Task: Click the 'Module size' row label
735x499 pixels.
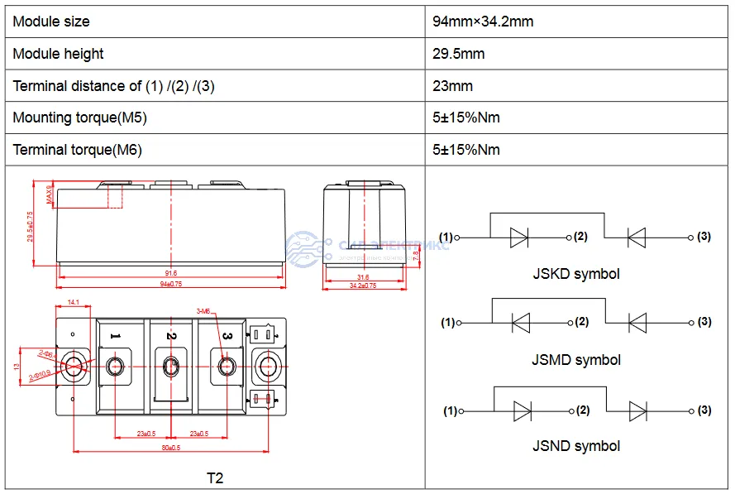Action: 51,22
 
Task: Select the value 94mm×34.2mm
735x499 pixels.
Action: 483,22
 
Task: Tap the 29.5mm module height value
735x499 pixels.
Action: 458,54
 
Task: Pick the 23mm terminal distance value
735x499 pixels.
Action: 452,86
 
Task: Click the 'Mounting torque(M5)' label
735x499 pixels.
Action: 79,118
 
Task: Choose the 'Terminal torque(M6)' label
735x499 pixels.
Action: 77,150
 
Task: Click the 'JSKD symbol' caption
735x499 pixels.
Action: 575,274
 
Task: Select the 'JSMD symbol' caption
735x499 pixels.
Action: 575,360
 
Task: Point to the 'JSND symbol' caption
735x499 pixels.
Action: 575,446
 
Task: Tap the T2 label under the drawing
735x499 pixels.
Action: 215,478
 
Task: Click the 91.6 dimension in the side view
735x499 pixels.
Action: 171,272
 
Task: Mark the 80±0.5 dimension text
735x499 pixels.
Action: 171,448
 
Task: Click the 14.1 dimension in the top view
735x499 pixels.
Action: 74,303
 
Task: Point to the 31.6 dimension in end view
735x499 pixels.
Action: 363,277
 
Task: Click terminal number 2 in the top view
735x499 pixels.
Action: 171,336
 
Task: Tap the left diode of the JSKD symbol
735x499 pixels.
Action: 519,238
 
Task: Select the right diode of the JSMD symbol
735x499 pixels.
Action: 637,323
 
